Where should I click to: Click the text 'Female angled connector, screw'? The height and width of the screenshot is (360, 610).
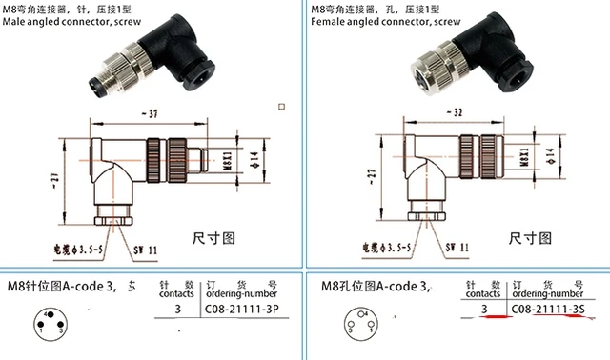tap(378, 24)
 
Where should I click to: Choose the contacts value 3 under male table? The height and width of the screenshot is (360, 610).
tap(177, 310)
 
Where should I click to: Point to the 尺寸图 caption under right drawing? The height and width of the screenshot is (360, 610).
tap(528, 236)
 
